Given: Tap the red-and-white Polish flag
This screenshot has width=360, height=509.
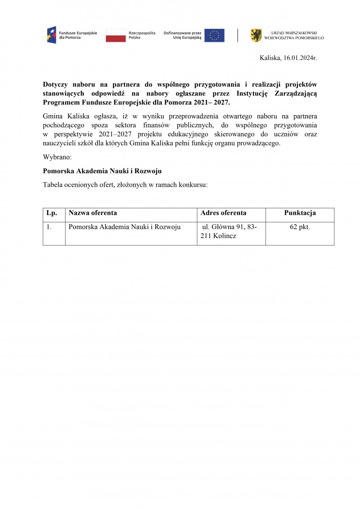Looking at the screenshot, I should [x=116, y=35].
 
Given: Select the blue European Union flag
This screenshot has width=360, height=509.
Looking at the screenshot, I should [x=214, y=35].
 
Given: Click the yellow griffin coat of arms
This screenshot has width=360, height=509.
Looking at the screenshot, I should [x=256, y=35].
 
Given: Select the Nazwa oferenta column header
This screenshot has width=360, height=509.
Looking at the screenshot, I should [x=93, y=213].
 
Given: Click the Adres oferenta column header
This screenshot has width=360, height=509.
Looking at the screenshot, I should [x=223, y=213].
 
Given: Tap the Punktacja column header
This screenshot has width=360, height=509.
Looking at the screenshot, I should [x=300, y=213].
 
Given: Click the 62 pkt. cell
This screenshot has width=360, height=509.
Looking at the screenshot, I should [x=300, y=227].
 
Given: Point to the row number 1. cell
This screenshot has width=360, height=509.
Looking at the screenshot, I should [x=49, y=227].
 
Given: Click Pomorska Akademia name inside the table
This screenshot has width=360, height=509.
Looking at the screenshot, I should [x=124, y=227].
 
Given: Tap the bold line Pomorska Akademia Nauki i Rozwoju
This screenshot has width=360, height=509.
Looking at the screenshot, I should [x=102, y=171].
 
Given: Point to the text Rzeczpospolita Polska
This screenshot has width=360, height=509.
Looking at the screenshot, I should [x=142, y=35].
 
